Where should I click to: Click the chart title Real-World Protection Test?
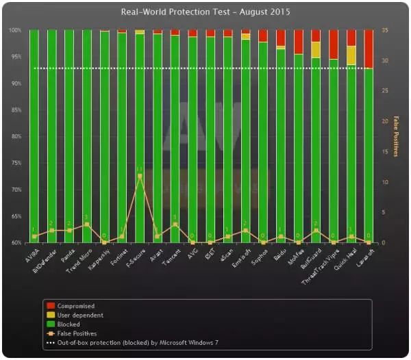(206, 12)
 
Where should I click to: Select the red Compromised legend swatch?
(49, 306)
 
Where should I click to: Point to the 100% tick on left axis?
(16, 30)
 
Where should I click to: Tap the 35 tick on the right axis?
(386, 30)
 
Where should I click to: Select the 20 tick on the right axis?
(386, 121)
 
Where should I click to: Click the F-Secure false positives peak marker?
(140, 176)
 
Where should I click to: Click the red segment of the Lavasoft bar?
(369, 49)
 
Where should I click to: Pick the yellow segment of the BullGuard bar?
(315, 49)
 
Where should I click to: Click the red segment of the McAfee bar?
(298, 42)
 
